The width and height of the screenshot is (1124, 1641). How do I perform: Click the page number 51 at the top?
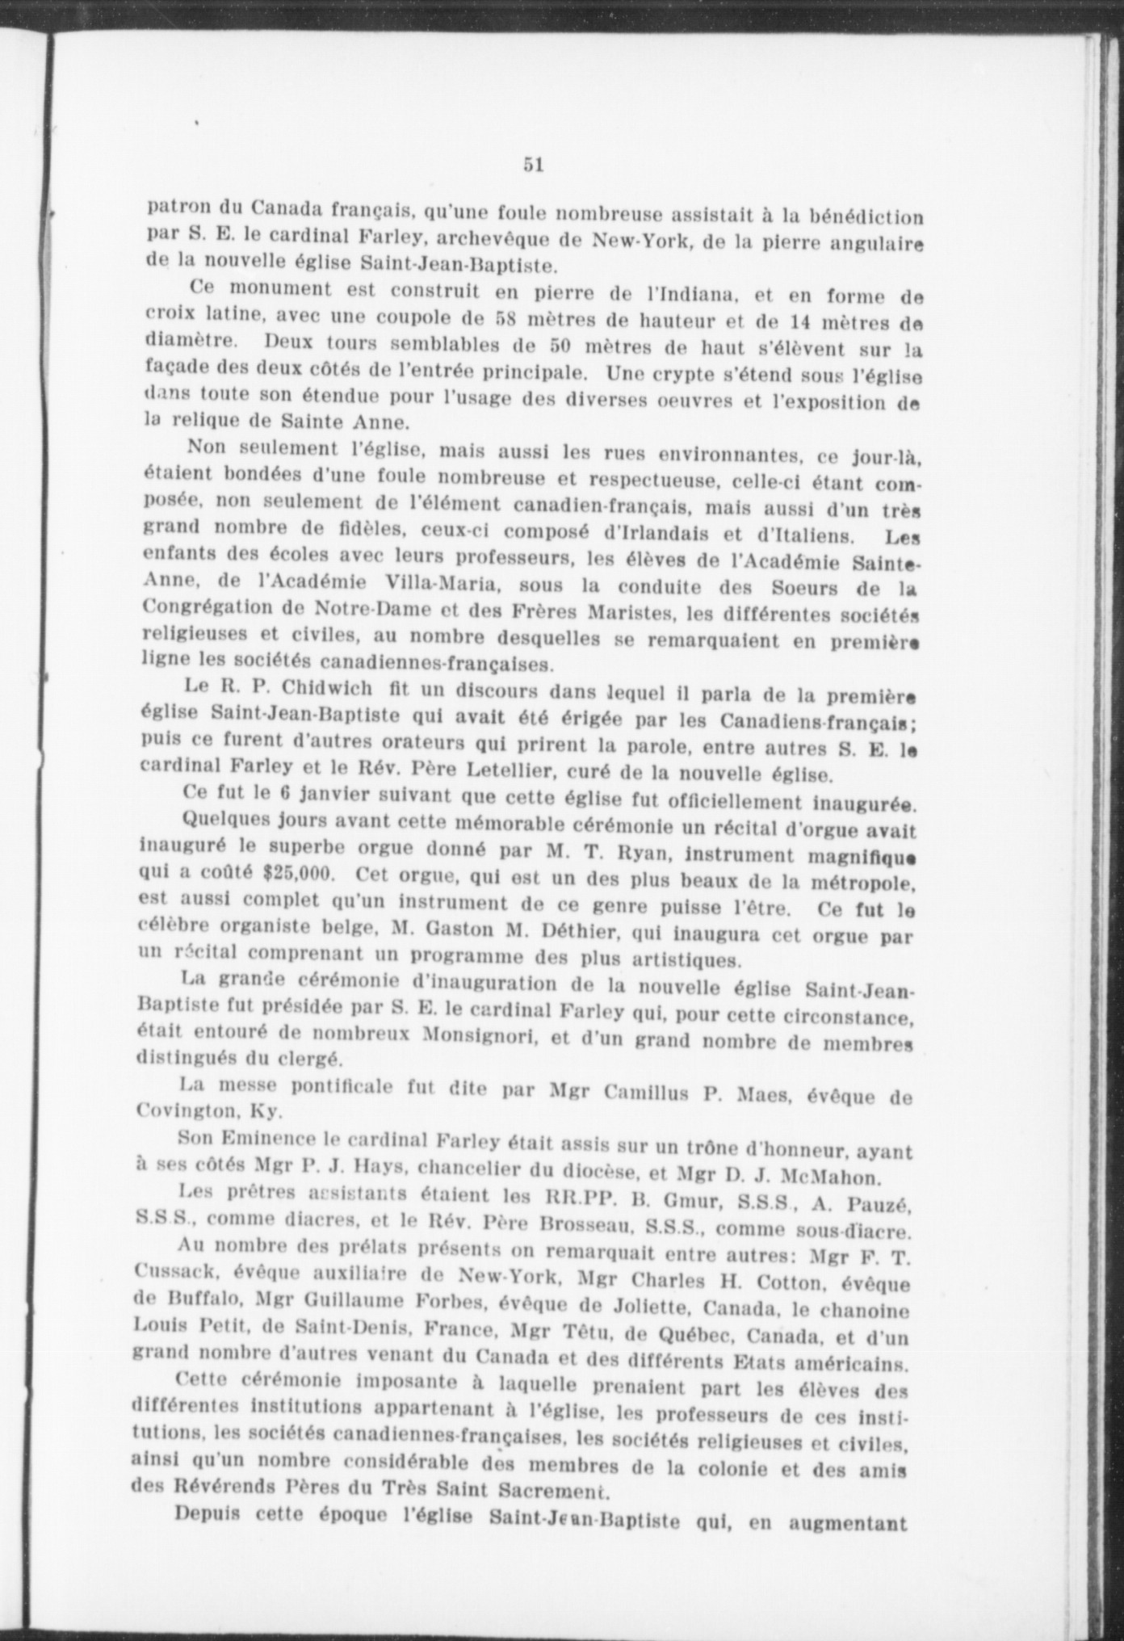coord(533,164)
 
